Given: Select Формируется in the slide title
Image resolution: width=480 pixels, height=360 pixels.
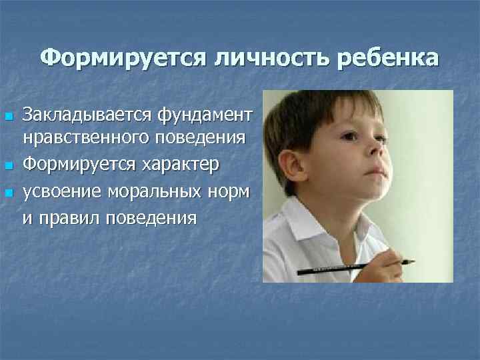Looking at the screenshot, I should click(123, 59).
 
